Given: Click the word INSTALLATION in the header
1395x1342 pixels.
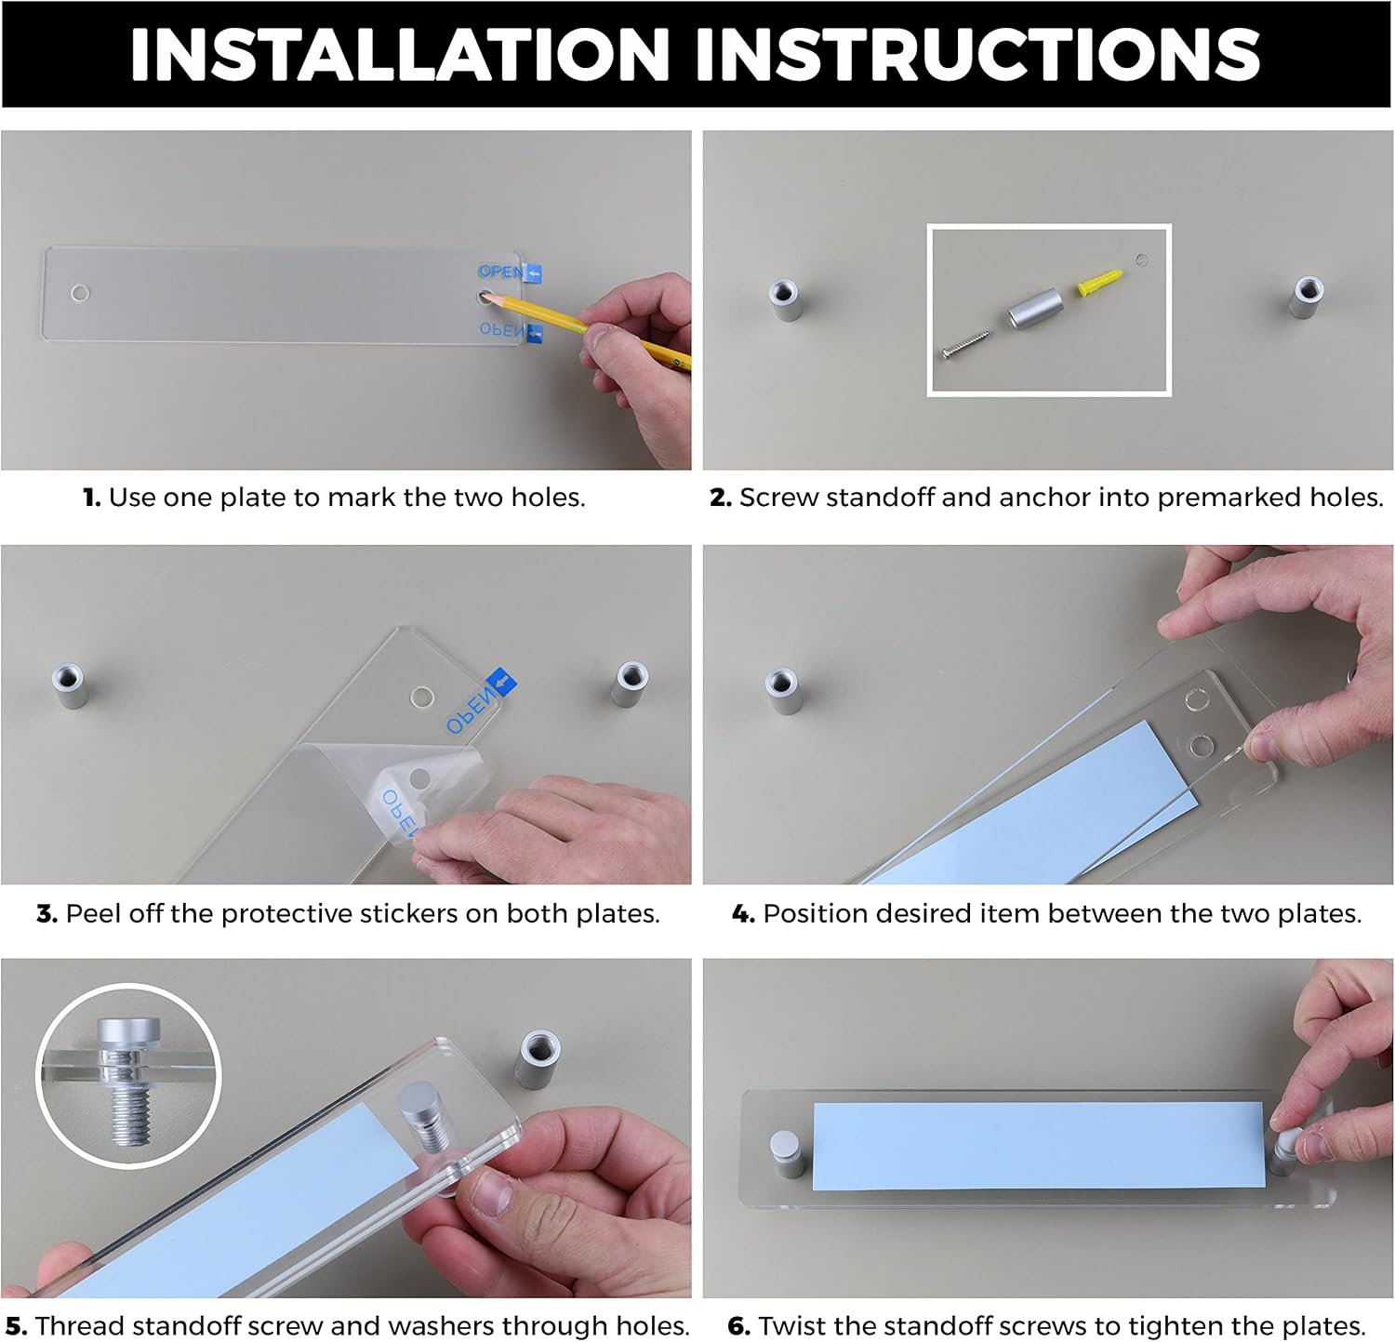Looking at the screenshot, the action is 400,55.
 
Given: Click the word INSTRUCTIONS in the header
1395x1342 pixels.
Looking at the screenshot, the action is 977,55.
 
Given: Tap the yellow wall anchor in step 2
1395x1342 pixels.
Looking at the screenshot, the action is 1101,283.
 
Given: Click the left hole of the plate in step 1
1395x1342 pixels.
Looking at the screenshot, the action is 81,293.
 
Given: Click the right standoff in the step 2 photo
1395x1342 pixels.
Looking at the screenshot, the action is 1308,296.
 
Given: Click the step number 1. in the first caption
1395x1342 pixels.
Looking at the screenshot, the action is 92,498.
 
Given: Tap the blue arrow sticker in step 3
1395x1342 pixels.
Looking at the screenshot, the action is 501,684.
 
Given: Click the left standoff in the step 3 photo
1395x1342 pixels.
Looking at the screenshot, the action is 69,686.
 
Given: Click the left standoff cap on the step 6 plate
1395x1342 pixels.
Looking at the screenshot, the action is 787,1153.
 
